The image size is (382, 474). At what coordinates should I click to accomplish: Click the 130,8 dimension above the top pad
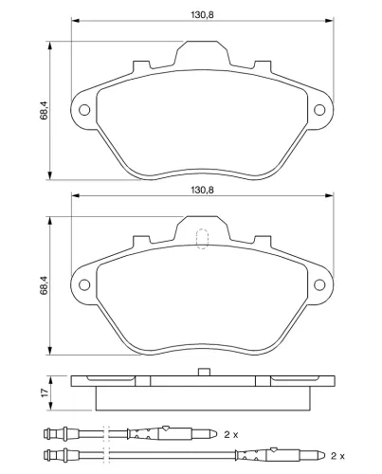click(202, 15)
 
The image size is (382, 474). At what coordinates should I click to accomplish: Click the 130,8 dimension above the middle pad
click(202, 190)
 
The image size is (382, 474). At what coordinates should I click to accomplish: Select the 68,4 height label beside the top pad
click(44, 110)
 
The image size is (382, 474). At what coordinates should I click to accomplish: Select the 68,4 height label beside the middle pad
click(44, 285)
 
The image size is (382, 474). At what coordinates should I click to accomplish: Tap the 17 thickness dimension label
click(45, 392)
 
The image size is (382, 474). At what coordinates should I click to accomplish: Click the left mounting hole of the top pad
click(84, 110)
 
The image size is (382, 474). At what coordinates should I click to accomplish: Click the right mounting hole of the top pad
click(319, 110)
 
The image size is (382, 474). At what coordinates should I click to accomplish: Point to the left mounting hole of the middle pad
click(84, 284)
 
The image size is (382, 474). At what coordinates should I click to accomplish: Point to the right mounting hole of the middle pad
click(319, 284)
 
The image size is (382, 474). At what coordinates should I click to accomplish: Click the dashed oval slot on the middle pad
click(202, 239)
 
